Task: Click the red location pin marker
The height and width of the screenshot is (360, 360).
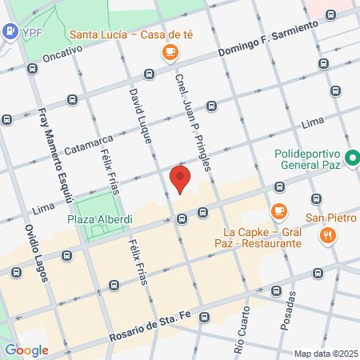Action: tap(181, 178)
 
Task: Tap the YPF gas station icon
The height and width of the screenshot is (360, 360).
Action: tap(10, 32)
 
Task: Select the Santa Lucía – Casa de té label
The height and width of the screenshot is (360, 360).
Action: tap(123, 34)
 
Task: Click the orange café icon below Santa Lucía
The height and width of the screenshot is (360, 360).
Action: tap(169, 52)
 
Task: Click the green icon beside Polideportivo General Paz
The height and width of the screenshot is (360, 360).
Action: tap(352, 159)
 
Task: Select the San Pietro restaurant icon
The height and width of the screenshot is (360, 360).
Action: tap(327, 235)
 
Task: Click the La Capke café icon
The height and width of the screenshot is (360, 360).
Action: tap(278, 211)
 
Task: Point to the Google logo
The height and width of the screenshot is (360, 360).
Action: tap(26, 350)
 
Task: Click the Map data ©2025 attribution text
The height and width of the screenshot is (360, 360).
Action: tap(324, 354)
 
